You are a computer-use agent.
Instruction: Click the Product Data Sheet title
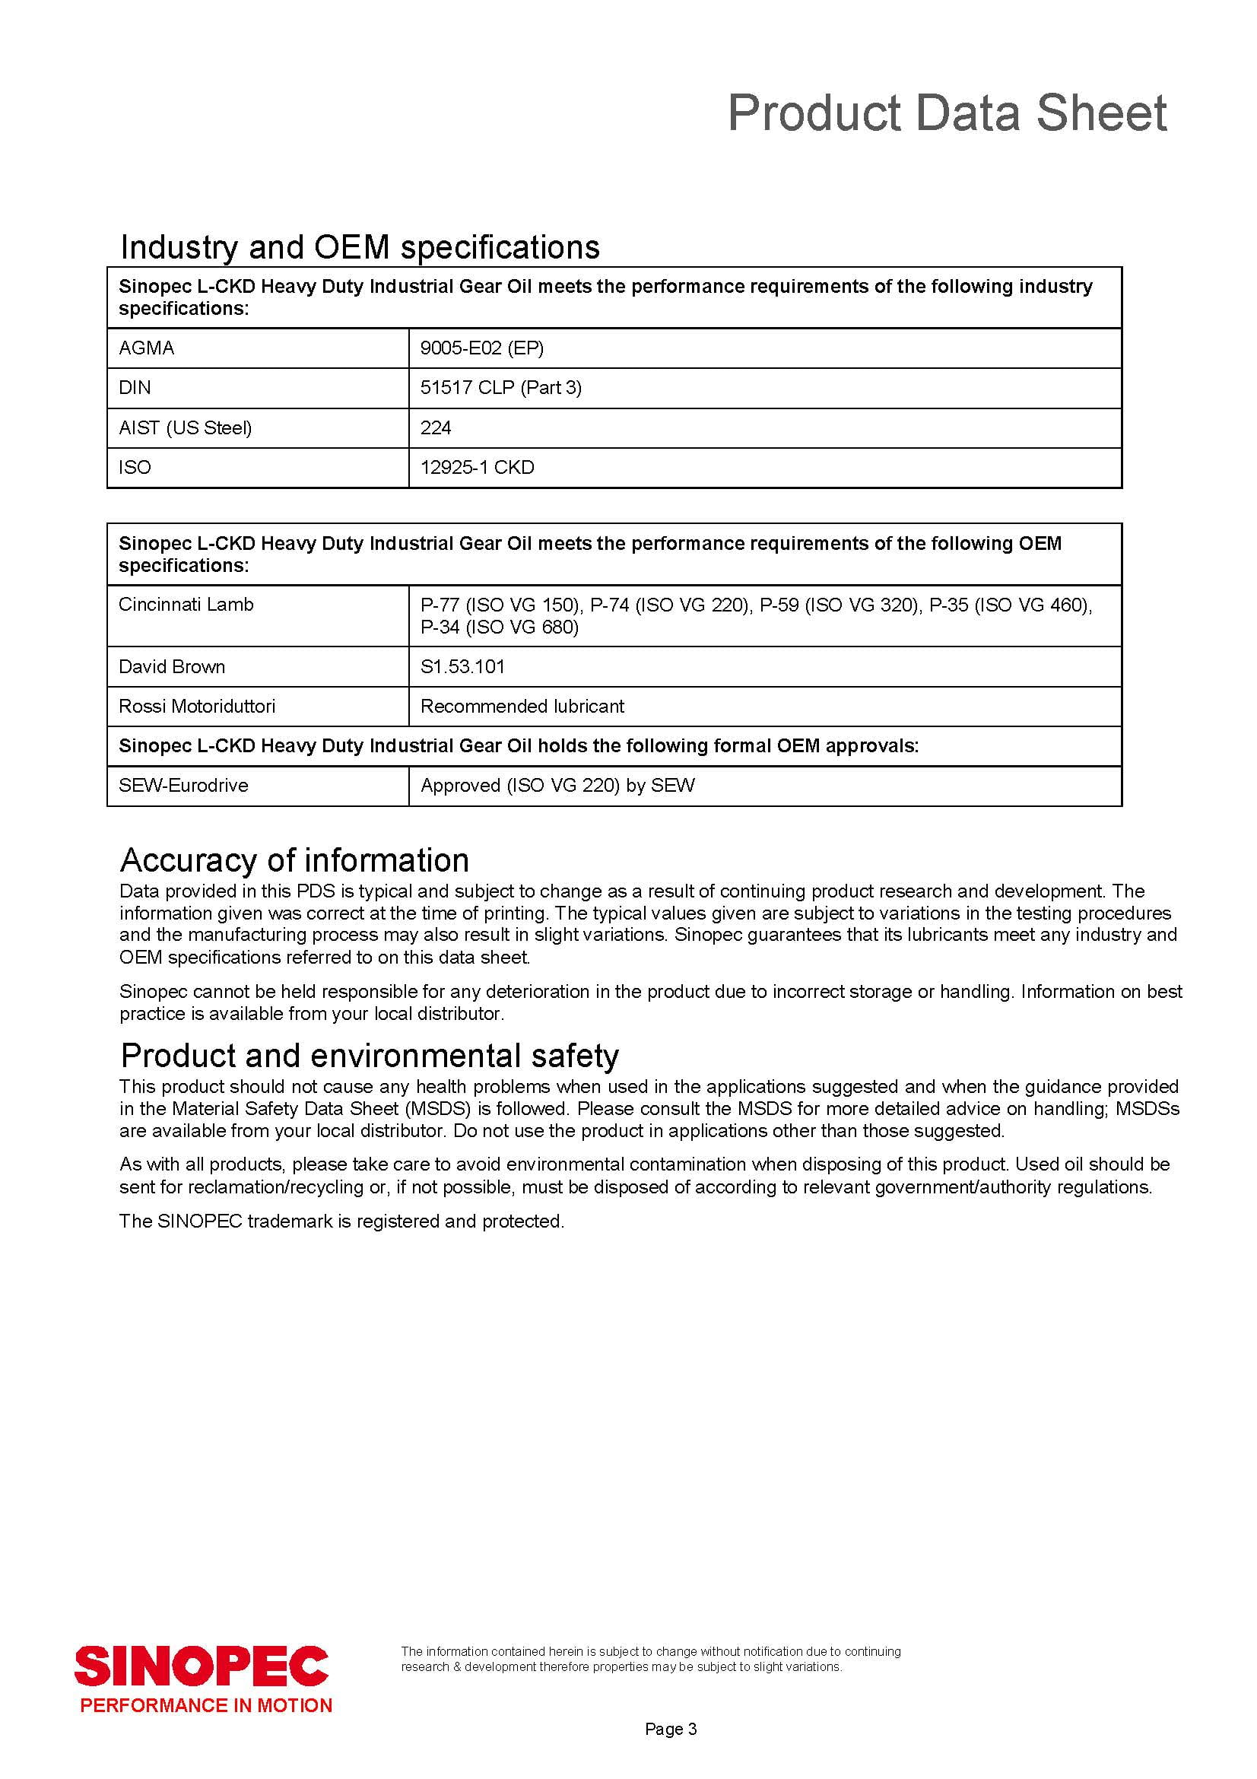click(x=947, y=113)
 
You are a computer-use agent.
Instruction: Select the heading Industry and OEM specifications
click(x=360, y=247)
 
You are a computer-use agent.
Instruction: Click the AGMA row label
click(x=146, y=348)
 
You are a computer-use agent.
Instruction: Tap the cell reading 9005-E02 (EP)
click(x=481, y=348)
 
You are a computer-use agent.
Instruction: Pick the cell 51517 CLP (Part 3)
click(x=500, y=387)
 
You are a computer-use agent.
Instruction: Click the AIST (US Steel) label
click(x=185, y=427)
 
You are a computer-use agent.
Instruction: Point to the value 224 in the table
click(x=435, y=427)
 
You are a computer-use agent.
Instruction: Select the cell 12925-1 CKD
click(x=477, y=467)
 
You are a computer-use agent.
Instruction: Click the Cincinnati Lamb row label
click(x=186, y=605)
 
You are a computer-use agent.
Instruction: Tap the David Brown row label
click(x=172, y=666)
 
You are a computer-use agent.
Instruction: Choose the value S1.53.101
click(x=462, y=666)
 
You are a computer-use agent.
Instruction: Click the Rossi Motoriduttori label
click(x=197, y=706)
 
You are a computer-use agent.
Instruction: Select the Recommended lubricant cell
click(x=522, y=706)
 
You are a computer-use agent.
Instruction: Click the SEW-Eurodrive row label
click(x=183, y=785)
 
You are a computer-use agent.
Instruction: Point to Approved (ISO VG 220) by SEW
click(x=557, y=785)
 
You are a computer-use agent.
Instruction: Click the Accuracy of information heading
click(x=294, y=860)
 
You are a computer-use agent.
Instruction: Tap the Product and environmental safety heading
click(x=370, y=1056)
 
